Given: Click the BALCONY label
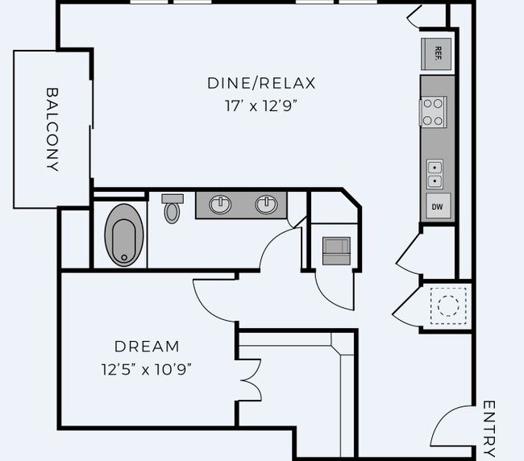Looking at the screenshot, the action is pyautogui.click(x=52, y=130).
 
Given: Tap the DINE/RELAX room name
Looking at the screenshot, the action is pyautogui.click(x=261, y=83).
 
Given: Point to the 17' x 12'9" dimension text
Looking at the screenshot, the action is pyautogui.click(x=261, y=106).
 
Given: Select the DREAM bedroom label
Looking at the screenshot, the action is pyautogui.click(x=147, y=347).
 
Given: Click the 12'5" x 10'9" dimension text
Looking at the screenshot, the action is pyautogui.click(x=147, y=369).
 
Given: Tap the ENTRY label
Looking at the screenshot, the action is pyautogui.click(x=489, y=429).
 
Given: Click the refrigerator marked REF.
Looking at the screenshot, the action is pyautogui.click(x=436, y=54).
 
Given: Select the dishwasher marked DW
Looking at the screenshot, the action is pyautogui.click(x=438, y=206).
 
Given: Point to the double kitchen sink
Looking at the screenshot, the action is pyautogui.click(x=435, y=174).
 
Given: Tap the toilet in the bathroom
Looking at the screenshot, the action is pyautogui.click(x=172, y=209).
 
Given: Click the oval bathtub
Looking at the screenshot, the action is pyautogui.click(x=124, y=235).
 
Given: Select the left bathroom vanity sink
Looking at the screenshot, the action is pyautogui.click(x=220, y=205).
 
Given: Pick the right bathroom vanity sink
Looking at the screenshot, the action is pyautogui.click(x=266, y=205).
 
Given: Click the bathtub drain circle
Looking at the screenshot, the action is pyautogui.click(x=124, y=258).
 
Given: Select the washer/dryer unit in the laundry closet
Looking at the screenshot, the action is pyautogui.click(x=336, y=251).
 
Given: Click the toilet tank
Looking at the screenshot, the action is pyautogui.click(x=173, y=199).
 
